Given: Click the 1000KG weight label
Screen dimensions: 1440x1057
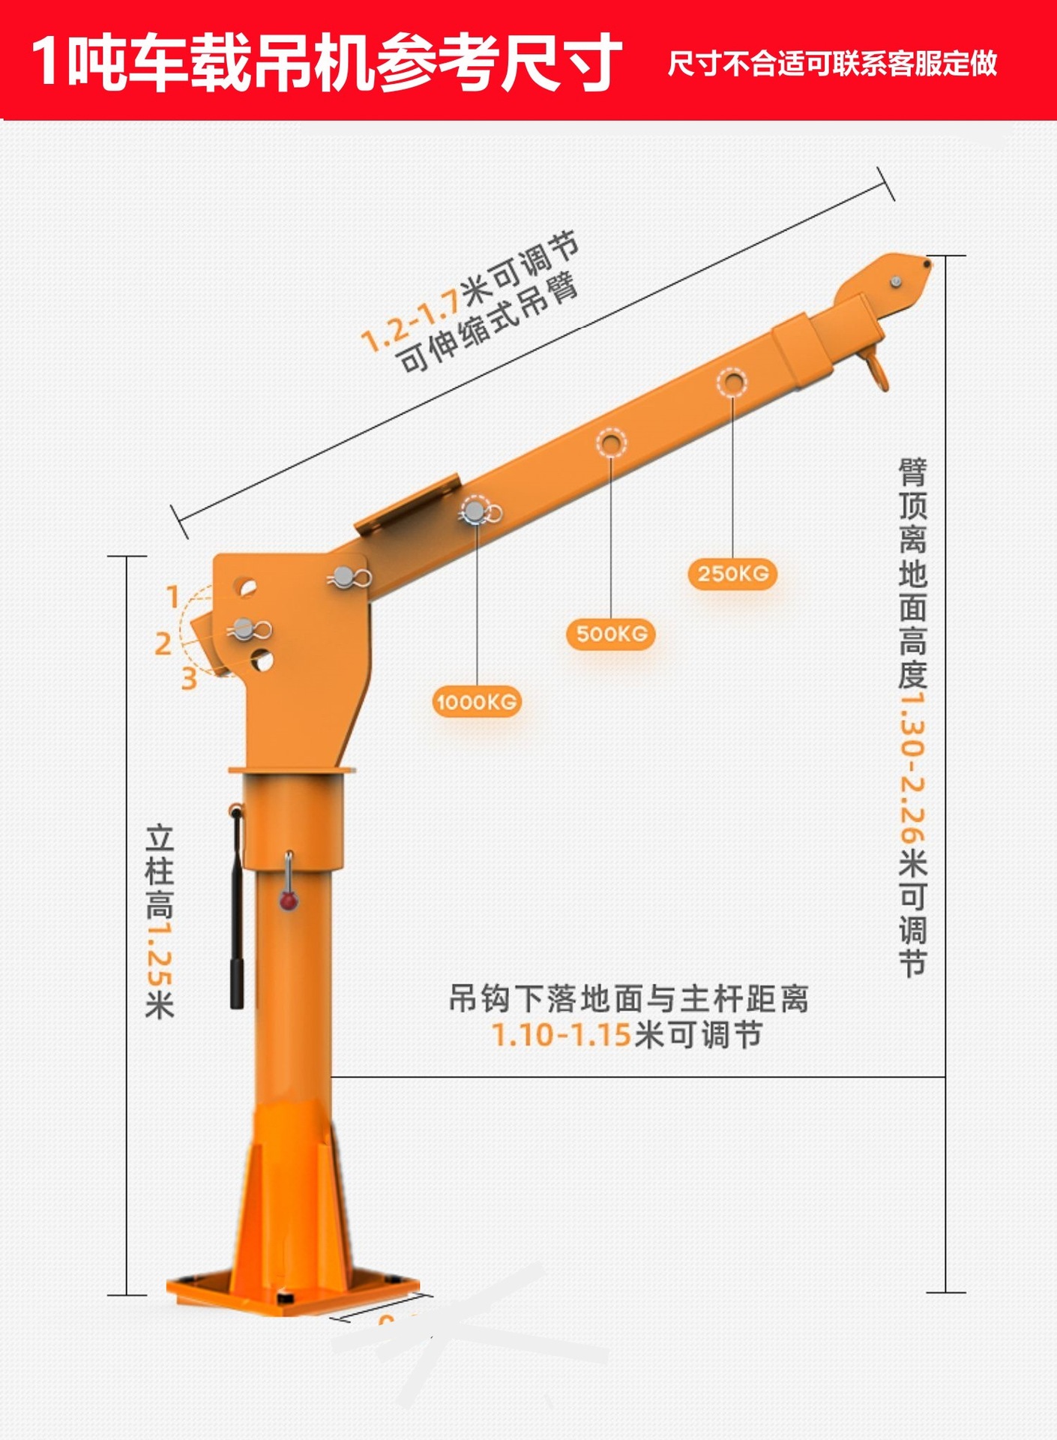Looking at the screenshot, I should click(x=477, y=702).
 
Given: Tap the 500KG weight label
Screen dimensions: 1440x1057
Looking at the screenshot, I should click(x=611, y=634).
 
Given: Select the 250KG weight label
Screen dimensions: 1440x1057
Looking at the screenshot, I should click(x=732, y=574).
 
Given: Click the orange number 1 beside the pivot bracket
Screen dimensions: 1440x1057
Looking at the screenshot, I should click(x=173, y=597).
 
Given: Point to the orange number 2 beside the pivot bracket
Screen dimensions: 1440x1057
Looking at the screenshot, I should click(x=163, y=643).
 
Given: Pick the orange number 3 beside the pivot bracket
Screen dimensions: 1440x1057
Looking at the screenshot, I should click(x=189, y=679).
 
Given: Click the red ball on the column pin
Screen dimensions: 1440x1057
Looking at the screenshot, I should click(x=289, y=900).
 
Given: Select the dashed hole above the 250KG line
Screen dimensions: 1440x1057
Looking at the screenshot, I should click(x=732, y=382).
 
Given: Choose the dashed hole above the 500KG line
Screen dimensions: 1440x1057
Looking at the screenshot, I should click(x=611, y=442).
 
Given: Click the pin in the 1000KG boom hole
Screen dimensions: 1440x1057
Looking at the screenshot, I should click(x=475, y=511).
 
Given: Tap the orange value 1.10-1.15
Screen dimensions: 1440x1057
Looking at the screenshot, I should click(x=561, y=1035).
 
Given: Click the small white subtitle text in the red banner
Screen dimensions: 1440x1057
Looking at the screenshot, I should click(x=832, y=64).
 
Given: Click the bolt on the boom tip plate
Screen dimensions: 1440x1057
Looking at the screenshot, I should click(x=895, y=282).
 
